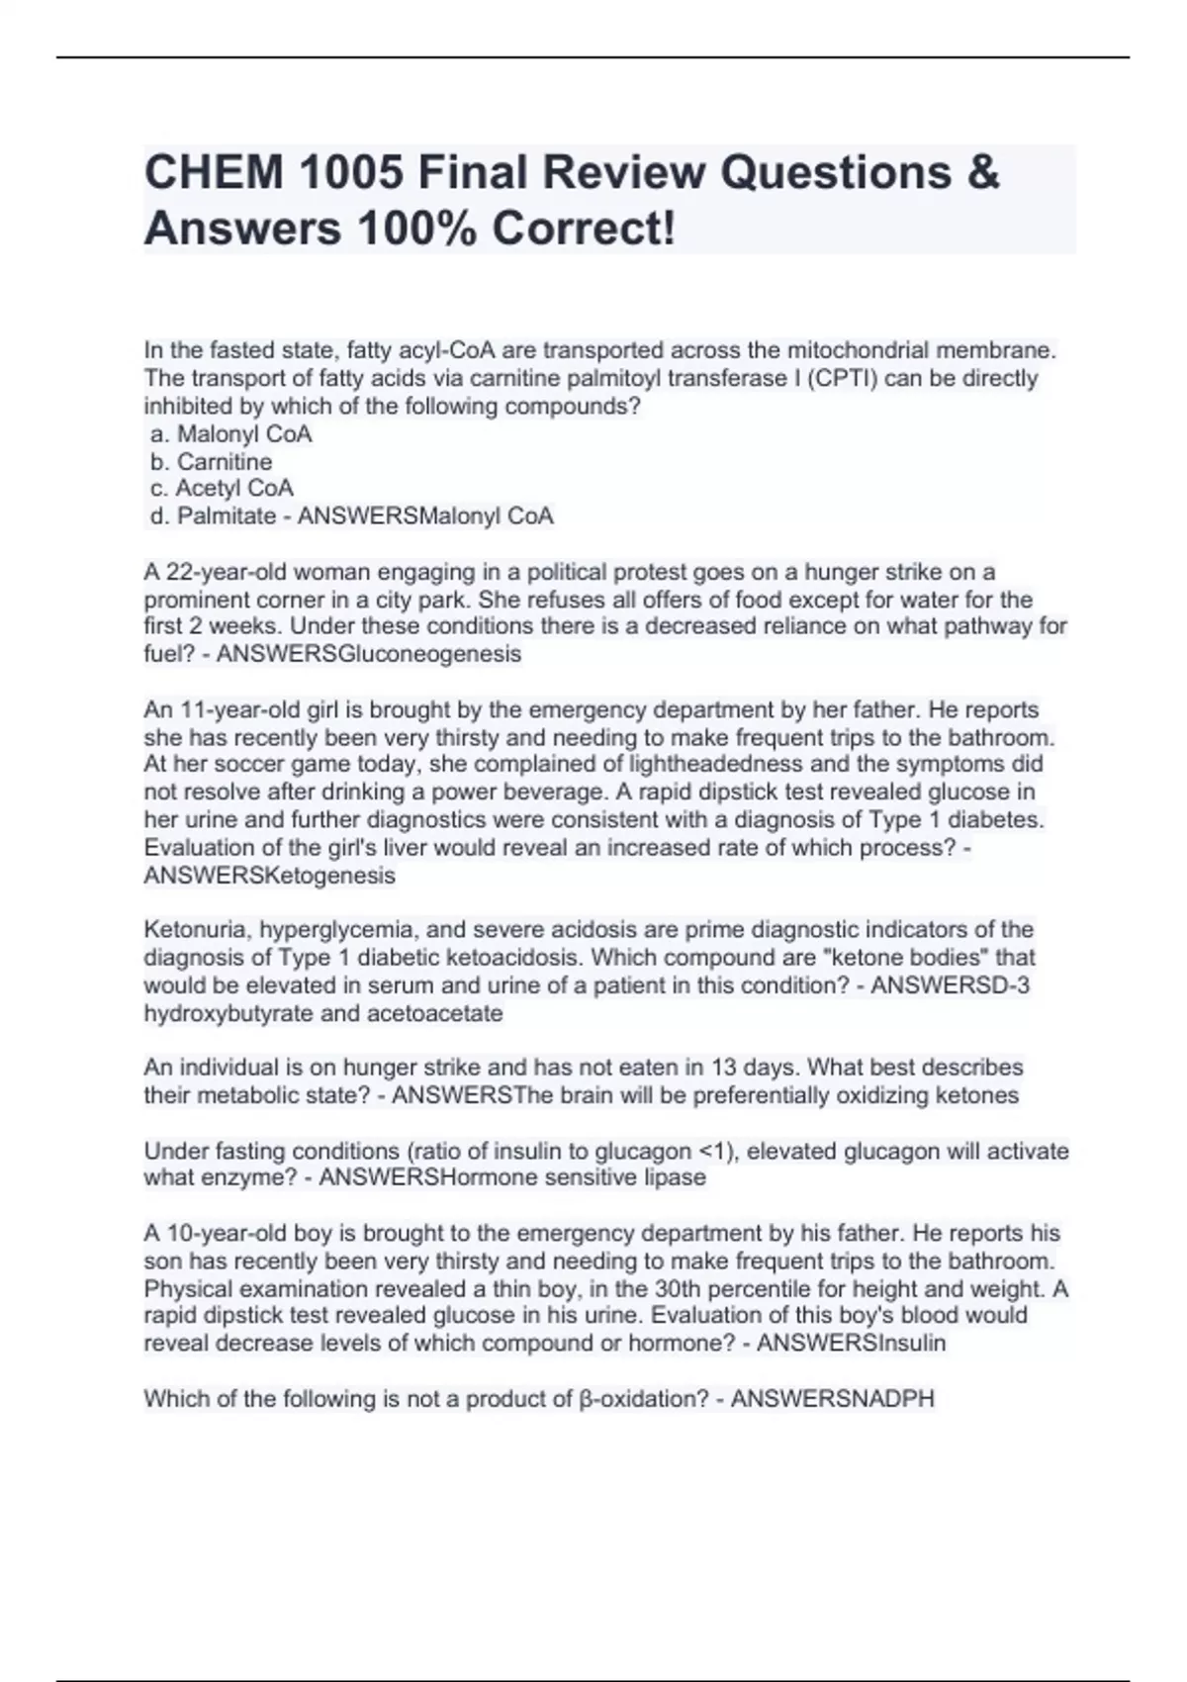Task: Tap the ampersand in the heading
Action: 981,173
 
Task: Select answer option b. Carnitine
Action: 212,461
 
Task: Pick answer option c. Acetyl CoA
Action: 222,489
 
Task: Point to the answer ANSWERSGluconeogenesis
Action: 368,654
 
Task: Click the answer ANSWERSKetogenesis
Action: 269,876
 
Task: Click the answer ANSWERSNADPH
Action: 832,1399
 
